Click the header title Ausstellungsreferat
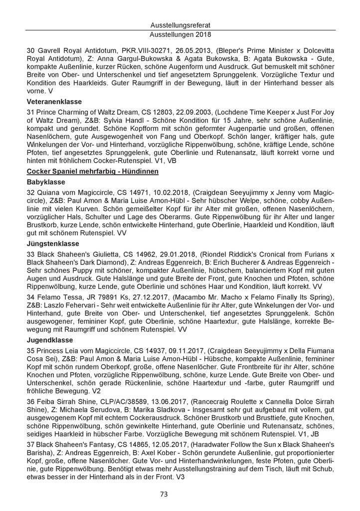[x=180, y=24]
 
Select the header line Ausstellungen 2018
[x=180, y=35]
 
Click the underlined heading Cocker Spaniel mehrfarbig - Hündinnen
[x=92, y=172]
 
